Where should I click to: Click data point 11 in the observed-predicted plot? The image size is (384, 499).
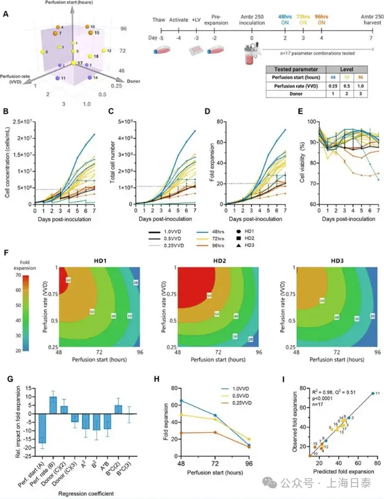[x=373, y=392]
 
